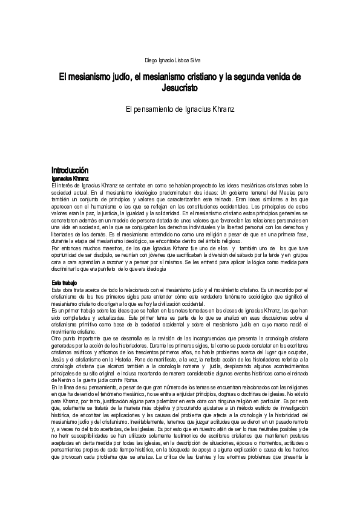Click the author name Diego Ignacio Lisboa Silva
(x=174, y=60)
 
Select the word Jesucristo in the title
(x=180, y=88)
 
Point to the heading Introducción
(x=70, y=170)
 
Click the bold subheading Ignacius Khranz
(x=71, y=179)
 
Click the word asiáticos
(x=83, y=352)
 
